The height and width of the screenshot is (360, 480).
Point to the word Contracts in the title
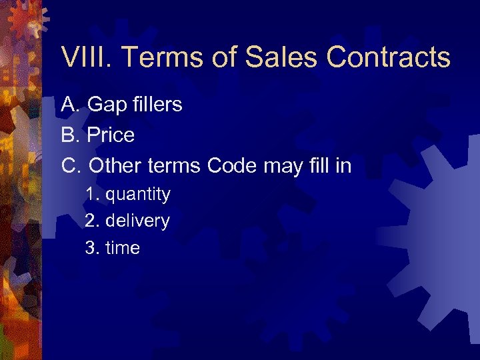click(388, 58)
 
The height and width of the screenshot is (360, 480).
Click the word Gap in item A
click(105, 105)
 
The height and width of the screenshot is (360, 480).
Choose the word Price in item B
click(111, 135)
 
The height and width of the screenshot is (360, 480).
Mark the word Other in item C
click(115, 165)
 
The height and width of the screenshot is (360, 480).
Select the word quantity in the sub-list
click(138, 195)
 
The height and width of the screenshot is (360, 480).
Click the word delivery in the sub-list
click(137, 221)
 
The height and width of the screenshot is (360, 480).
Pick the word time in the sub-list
click(123, 248)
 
